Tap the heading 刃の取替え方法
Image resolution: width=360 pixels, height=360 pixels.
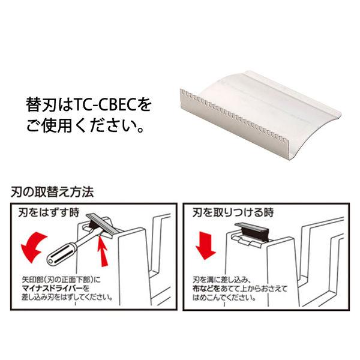coord(52,192)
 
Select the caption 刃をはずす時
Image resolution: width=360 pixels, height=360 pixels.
coord(49,212)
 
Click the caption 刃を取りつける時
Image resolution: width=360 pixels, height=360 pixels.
coord(233,212)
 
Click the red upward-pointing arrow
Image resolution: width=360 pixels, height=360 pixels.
coord(103,251)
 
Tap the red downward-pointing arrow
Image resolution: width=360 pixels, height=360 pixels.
coord(205,245)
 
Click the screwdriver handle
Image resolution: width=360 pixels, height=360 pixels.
coord(61,253)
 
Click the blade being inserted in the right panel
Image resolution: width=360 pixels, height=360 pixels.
coord(251,231)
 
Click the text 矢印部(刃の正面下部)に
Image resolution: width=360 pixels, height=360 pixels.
coord(61,280)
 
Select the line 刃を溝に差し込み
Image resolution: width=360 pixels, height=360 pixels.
coord(221,280)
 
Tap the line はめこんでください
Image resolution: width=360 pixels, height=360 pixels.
coord(224,298)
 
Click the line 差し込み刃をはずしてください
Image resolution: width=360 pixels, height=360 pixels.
coord(67,298)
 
